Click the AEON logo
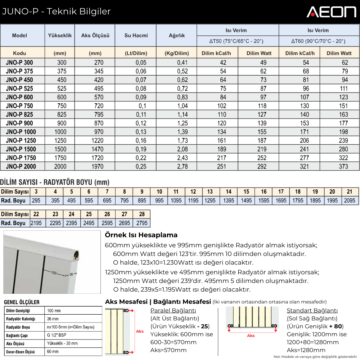331,12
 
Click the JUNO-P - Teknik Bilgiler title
56,12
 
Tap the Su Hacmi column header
136,35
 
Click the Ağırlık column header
177,35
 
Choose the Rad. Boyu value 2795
142,223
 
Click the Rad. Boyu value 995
159,201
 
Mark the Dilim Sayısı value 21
350,192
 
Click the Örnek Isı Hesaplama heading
141,235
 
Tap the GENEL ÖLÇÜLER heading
22,302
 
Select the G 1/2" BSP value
57,335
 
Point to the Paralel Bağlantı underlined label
173,310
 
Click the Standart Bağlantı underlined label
312,310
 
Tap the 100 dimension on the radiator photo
54,273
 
